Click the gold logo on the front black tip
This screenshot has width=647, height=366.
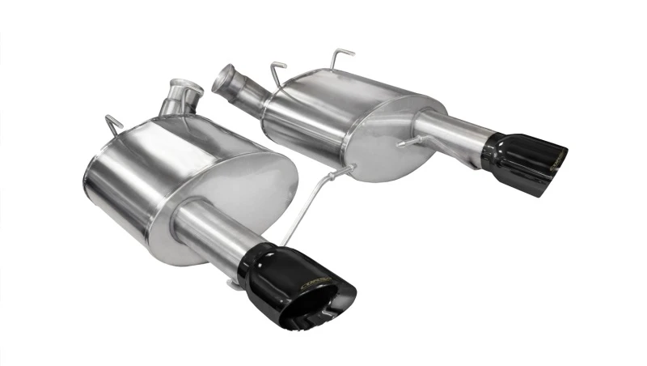(313, 283)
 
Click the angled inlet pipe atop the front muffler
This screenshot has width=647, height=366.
(180, 98)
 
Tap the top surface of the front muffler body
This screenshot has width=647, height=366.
(186, 134)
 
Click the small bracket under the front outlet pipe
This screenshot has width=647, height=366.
(235, 283)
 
